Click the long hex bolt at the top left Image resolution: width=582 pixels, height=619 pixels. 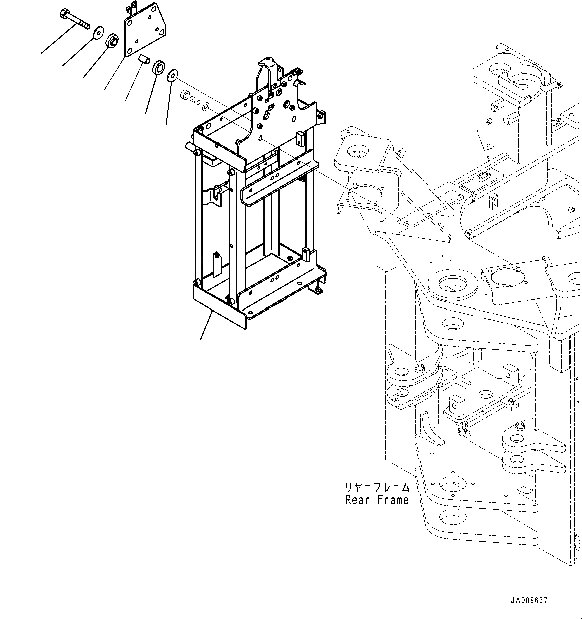(74, 18)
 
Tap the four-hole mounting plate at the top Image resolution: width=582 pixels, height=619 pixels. (145, 30)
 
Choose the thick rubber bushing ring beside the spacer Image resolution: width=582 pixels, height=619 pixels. (159, 68)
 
